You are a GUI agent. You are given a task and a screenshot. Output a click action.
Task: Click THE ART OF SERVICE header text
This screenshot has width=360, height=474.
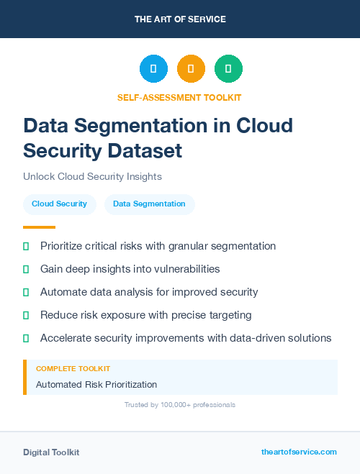(180, 19)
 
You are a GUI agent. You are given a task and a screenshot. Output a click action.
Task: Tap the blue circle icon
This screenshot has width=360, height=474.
(153, 68)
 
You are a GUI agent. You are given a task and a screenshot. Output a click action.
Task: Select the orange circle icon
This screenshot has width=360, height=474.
(191, 68)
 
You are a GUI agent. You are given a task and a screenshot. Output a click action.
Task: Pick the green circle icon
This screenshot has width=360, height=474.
(228, 68)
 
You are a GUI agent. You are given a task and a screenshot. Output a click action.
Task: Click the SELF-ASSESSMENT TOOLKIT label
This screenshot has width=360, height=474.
(180, 97)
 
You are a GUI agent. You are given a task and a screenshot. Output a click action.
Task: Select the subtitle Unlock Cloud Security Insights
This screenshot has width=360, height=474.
(92, 176)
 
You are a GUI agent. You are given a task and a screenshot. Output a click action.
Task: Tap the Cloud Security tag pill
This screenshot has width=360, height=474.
(59, 204)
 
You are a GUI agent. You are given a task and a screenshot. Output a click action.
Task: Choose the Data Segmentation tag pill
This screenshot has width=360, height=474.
(149, 204)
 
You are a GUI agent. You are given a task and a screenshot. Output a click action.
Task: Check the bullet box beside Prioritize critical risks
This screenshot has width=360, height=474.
(26, 246)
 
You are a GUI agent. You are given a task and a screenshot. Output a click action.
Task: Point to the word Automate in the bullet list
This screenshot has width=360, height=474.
(65, 292)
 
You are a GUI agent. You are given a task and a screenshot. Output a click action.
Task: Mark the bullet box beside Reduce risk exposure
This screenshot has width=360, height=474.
(26, 315)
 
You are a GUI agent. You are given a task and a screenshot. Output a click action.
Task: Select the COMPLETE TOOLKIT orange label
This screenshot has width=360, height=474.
(73, 368)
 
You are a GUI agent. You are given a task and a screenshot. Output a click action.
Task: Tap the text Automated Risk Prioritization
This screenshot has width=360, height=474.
(96, 385)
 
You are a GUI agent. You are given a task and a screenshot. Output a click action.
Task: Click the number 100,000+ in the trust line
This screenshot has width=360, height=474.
(171, 405)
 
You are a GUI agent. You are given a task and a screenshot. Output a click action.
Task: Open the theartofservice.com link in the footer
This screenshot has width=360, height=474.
(299, 452)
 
